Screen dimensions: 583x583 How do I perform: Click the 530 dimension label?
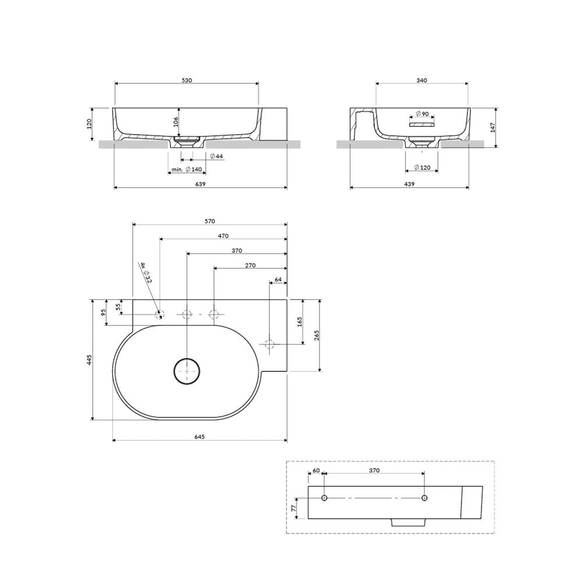[x=187, y=80]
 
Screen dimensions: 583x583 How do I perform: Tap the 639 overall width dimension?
[x=200, y=184]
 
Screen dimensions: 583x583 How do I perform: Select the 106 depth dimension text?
[x=176, y=121]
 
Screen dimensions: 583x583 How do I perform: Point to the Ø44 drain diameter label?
[x=216, y=156]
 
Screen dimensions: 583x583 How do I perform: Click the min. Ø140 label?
[x=187, y=170]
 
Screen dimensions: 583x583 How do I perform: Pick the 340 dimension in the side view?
[x=422, y=80]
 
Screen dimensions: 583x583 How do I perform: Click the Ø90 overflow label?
[x=422, y=114]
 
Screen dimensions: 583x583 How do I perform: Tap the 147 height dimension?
[x=493, y=128]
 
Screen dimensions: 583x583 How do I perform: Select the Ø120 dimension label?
[x=422, y=167]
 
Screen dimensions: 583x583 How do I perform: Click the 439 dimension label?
[x=409, y=184]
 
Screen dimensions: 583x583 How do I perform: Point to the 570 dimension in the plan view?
[x=210, y=221]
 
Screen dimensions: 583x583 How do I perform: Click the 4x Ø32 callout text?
[x=146, y=272]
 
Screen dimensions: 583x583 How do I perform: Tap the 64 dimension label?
[x=278, y=280]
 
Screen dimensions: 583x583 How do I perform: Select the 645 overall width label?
[x=199, y=437]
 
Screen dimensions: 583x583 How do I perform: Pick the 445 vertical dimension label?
[x=89, y=360]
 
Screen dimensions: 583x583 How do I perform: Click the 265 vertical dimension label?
[x=317, y=335]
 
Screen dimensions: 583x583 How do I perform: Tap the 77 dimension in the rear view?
[x=293, y=508]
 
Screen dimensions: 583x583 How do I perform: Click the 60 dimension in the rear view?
[x=316, y=470]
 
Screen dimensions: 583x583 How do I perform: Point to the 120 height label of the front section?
[x=89, y=124]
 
